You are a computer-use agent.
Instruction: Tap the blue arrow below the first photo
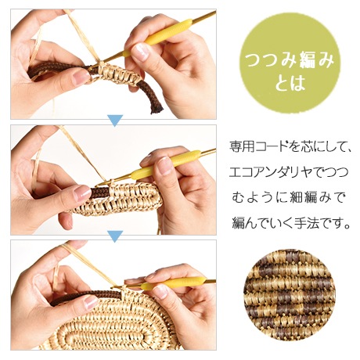[x=115, y=121]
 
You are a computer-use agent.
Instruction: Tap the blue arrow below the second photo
[x=115, y=236]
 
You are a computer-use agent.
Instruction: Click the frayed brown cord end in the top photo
[x=157, y=108]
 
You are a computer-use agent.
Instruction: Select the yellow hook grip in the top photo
[x=158, y=37]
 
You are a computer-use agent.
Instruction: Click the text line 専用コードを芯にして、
[x=290, y=147]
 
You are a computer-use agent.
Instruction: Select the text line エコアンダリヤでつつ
[x=289, y=172]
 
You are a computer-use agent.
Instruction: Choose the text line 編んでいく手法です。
[x=291, y=223]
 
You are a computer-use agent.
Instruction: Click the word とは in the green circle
[x=290, y=84]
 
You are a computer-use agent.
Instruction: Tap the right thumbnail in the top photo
[x=140, y=51]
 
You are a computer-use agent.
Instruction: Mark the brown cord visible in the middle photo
[x=100, y=193]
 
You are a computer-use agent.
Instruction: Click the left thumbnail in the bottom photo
[x=91, y=302]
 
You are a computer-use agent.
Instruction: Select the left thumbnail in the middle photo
[x=82, y=193]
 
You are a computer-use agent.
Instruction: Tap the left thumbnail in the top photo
[x=81, y=77]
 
